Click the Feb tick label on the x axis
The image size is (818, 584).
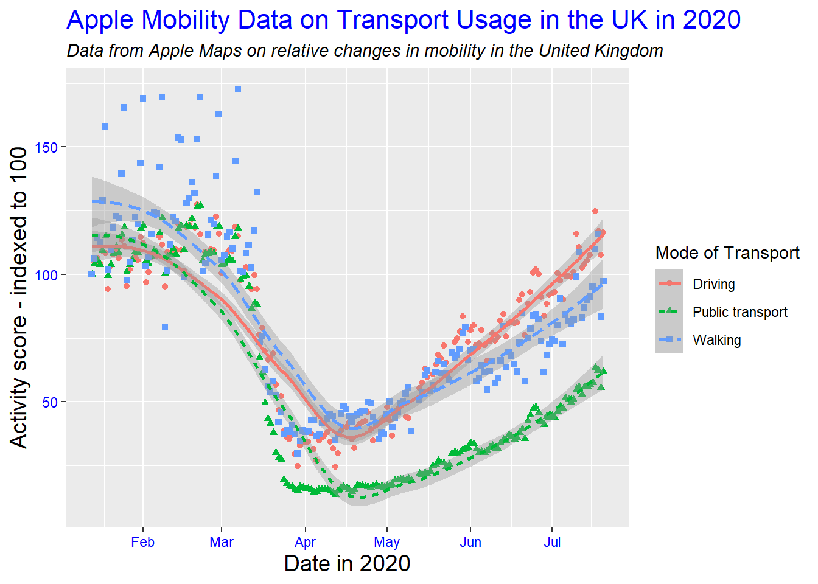click(x=142, y=542)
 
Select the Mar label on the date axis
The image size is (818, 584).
click(x=222, y=542)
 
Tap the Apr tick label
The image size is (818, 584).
click(x=305, y=542)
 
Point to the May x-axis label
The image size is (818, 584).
click(x=386, y=542)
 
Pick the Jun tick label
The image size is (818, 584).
click(x=470, y=542)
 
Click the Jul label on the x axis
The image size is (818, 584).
click(x=552, y=542)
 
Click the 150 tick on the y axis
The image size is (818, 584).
click(x=46, y=148)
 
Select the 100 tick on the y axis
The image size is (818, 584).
click(x=46, y=275)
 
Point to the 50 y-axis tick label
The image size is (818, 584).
click(x=51, y=402)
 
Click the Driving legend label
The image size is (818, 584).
click(x=713, y=284)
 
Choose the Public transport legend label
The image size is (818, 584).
click(x=739, y=312)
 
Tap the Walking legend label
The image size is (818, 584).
click(x=716, y=340)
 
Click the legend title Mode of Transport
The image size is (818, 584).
click(x=727, y=252)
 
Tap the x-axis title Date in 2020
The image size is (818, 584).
click(x=347, y=563)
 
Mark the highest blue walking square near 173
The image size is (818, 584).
click(x=238, y=89)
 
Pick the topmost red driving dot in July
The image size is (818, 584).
click(x=595, y=211)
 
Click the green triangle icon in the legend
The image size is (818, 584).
click(x=669, y=311)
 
